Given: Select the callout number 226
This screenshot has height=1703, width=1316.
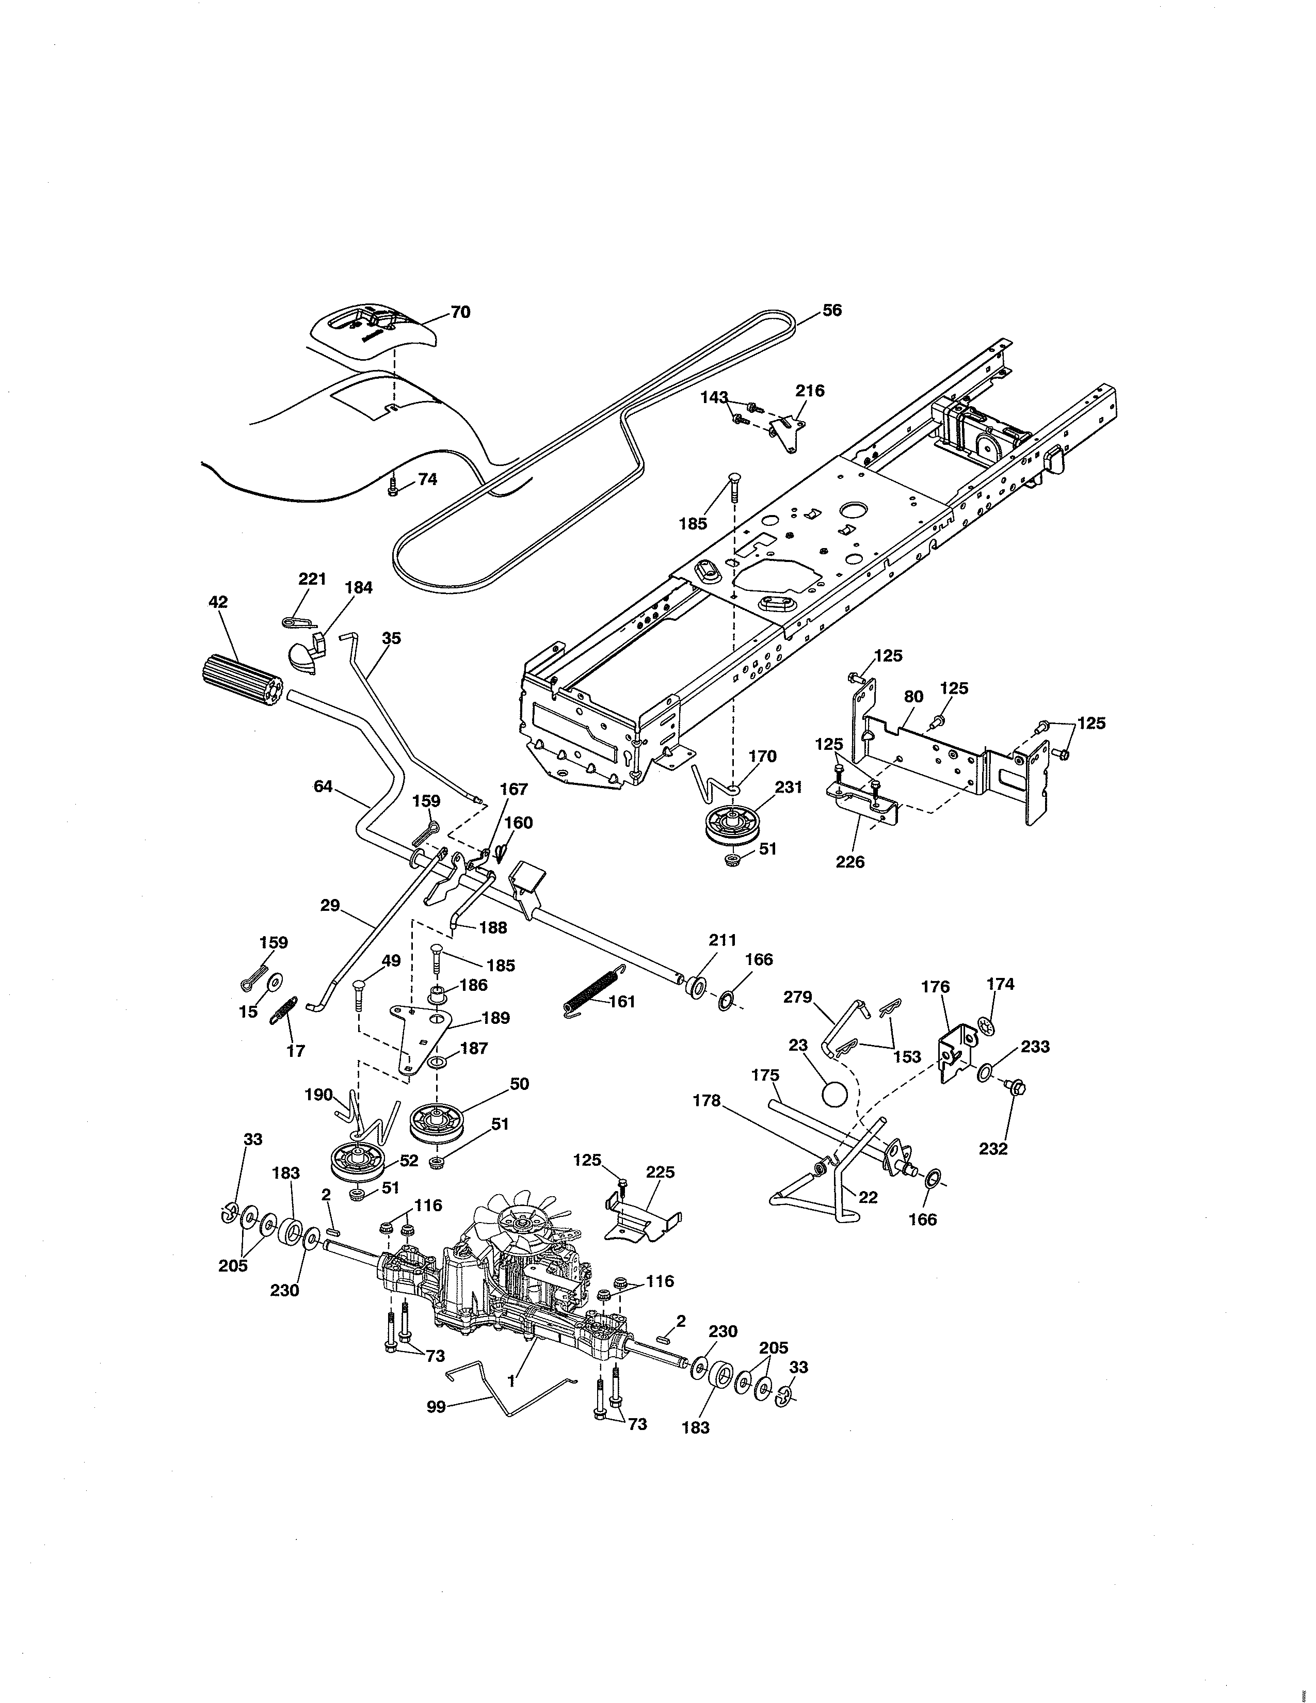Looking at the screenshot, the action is pyautogui.click(x=850, y=862).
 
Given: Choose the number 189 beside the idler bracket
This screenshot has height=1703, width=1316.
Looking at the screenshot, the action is pyautogui.click(x=496, y=1018).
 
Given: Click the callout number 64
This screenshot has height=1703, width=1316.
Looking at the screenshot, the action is pyautogui.click(x=323, y=787).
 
